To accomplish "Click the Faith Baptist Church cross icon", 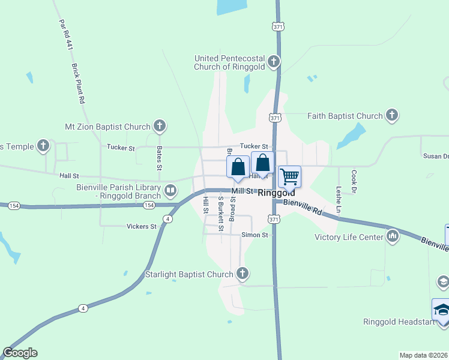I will pos(392,116).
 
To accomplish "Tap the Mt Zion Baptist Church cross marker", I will pos(159,127).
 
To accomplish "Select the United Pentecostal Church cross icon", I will pos(273,62).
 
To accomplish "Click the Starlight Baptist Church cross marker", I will pos(242,275).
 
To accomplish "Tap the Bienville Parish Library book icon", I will pos(170,191).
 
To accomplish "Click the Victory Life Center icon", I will pos(393,236).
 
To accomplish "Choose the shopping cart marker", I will pos(290,176).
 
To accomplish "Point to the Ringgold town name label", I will pos(276,194).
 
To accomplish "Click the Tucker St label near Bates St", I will pos(121,147).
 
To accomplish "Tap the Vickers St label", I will pos(142,227).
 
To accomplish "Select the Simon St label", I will pos(255,235).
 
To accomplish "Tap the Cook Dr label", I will pos(354,181).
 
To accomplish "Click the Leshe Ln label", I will pos(339,200).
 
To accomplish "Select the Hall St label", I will pos(69,176).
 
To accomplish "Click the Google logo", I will pos(20,353).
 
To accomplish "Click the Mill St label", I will pos(243,191).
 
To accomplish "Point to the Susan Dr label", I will pos(436,156).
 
